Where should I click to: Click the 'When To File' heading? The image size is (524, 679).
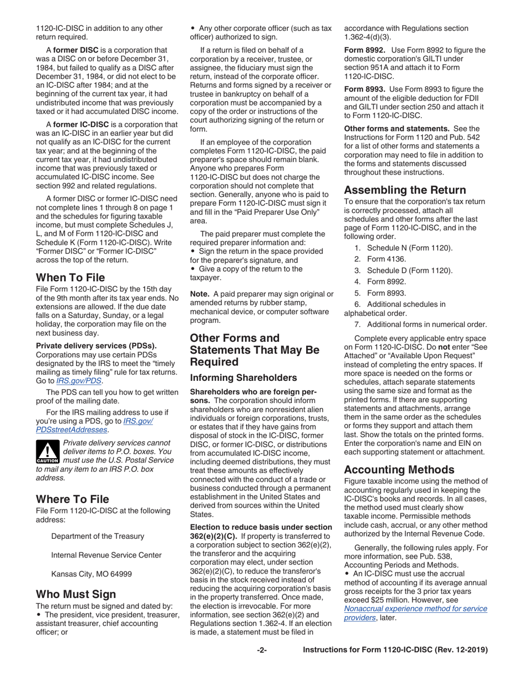pos(70,277)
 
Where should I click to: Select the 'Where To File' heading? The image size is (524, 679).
pos(72,500)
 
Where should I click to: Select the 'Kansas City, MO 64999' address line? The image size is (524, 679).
pos(92,574)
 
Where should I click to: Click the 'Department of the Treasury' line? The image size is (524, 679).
pos(98,536)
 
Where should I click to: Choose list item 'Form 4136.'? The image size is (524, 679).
pos(386,259)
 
